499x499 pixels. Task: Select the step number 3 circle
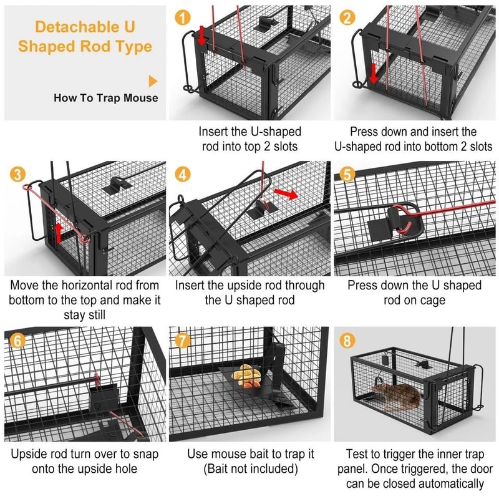pos(17,175)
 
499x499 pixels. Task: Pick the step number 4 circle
pos(183,175)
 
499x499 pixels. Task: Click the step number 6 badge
pos(17,341)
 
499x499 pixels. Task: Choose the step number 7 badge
pos(183,341)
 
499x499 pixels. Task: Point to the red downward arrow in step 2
pos(373,73)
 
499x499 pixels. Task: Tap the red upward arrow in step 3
pos(57,232)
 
